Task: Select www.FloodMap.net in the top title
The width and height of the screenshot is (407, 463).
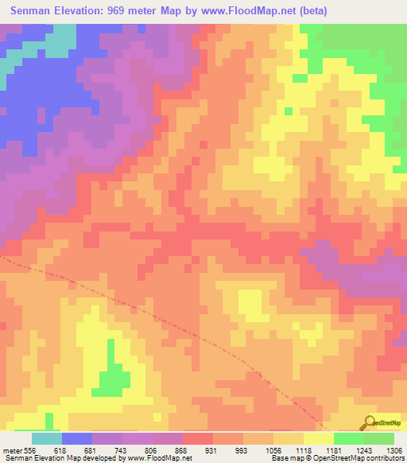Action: click(x=240, y=11)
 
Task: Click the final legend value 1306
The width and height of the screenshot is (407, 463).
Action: click(x=393, y=450)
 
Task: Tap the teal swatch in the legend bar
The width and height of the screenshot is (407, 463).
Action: click(x=47, y=438)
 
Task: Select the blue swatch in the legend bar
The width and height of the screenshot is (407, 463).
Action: click(x=77, y=438)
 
